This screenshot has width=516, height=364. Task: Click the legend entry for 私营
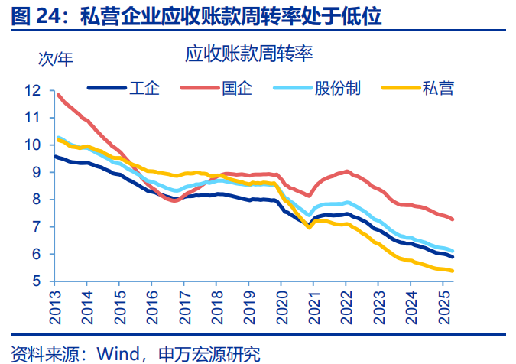[438, 88]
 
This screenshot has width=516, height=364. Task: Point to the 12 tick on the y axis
[32, 90]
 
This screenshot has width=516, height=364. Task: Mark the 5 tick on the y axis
[35, 281]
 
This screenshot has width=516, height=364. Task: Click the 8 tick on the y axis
[35, 200]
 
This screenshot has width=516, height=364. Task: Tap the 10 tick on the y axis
[32, 145]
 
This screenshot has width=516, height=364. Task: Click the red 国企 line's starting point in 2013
[58, 95]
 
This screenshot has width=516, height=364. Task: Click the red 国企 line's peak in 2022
[347, 171]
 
